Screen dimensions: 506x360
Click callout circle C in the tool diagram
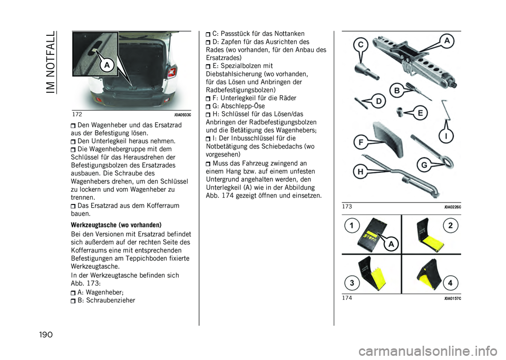click(361, 45)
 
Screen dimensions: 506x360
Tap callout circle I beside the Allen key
click(446, 137)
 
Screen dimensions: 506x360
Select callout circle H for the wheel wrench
click(361, 172)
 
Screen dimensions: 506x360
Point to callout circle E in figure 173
click(420, 113)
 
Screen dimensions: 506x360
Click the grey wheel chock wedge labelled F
click(388, 139)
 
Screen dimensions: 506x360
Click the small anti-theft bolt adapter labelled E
click(400, 111)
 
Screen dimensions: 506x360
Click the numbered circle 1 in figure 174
click(352, 226)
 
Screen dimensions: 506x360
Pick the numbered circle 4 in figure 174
click(450, 283)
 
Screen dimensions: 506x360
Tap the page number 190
click(45, 335)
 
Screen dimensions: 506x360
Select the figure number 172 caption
click(77, 114)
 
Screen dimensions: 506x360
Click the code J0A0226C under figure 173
click(452, 207)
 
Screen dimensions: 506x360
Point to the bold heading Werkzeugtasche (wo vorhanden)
click(116, 225)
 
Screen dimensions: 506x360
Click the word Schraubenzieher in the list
click(111, 300)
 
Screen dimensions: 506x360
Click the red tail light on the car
click(171, 71)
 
